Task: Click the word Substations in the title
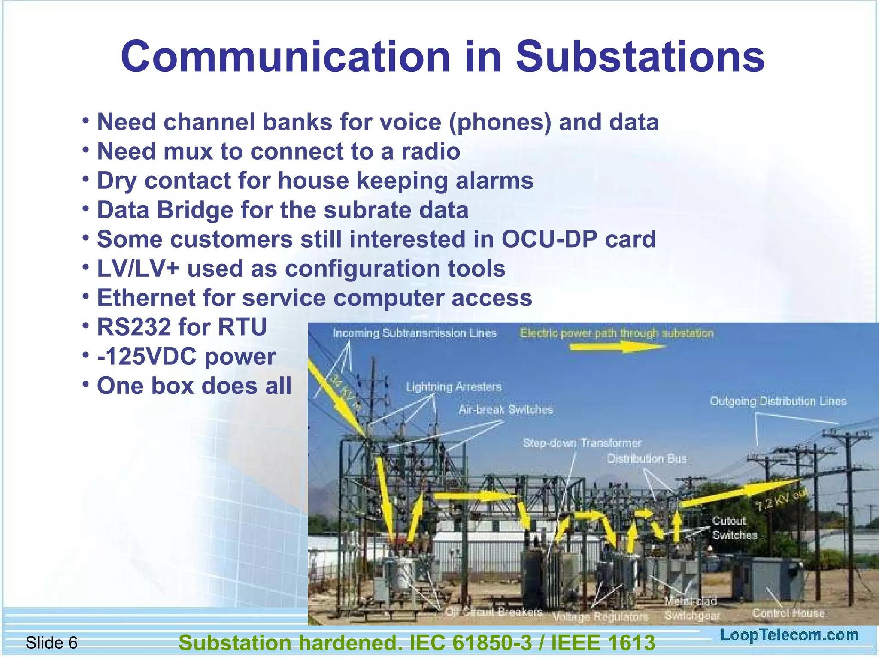tap(640, 57)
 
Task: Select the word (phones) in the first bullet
tap(500, 122)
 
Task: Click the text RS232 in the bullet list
tap(133, 327)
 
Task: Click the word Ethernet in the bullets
tap(146, 298)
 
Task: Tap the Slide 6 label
tap(52, 643)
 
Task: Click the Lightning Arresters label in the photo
tap(454, 387)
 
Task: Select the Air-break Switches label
tap(506, 410)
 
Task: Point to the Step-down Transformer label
tap(582, 443)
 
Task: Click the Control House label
tap(788, 613)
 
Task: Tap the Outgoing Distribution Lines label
tap(778, 402)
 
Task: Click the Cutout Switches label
tap(734, 528)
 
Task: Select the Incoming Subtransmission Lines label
tap(414, 333)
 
